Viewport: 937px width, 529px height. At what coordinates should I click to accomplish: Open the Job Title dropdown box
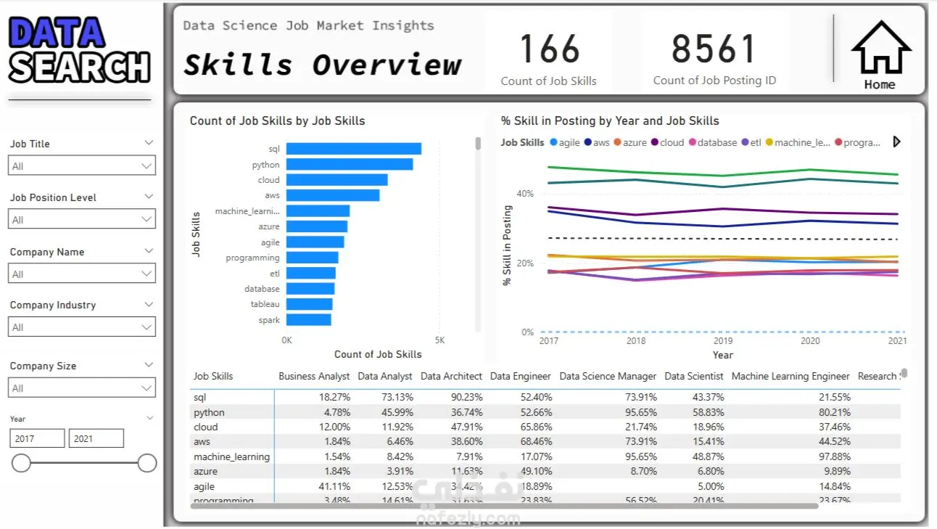[82, 166]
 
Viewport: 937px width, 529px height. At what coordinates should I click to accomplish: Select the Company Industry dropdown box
[82, 327]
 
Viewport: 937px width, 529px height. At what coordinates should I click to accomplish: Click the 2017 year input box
[37, 438]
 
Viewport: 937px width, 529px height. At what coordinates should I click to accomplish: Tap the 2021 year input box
[96, 438]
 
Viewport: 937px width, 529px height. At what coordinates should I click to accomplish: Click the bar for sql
[353, 149]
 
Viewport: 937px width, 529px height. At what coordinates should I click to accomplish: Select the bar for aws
[332, 195]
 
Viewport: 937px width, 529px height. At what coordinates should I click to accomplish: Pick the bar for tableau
[309, 304]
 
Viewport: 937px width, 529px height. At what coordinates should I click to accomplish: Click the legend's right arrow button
[896, 142]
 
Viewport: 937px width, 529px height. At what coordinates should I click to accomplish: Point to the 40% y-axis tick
[524, 194]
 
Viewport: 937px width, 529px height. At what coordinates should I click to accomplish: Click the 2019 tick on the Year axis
[722, 340]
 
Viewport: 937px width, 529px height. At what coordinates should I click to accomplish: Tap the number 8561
[714, 49]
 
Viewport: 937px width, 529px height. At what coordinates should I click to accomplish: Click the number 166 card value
[549, 49]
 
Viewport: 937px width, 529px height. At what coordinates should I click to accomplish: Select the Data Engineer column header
[520, 376]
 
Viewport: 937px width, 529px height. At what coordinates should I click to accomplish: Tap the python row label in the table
[209, 412]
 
